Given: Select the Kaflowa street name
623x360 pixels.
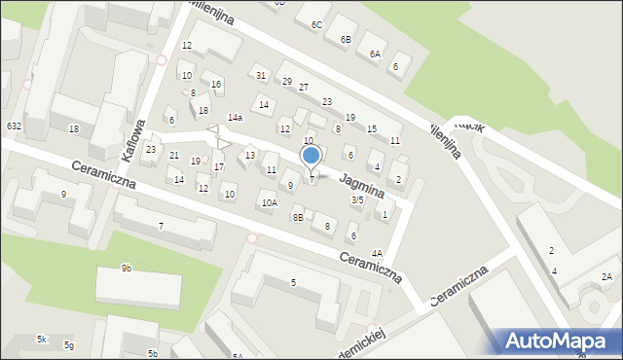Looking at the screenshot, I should point(134,139).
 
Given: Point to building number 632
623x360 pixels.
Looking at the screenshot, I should point(14,126).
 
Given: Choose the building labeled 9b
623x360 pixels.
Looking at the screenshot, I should point(127,268).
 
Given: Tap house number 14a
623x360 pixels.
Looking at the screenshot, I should point(235,117).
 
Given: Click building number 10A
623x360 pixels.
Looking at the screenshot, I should point(269,202).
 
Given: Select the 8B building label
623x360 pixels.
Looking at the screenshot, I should point(298,218).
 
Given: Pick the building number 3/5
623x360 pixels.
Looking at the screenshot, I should point(357,199).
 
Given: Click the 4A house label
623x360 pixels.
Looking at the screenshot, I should point(377,253).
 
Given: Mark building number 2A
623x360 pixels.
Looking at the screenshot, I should point(607,277).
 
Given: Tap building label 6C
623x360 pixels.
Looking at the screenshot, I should point(316,24).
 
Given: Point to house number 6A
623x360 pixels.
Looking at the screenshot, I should point(374,54).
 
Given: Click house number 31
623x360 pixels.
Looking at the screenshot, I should point(260,75).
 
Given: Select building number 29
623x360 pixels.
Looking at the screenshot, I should point(287,81).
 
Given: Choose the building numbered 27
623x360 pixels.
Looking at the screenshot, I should point(304,88).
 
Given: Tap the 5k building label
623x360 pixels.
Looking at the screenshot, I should point(42,339).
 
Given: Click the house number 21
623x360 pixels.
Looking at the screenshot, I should point(173,156).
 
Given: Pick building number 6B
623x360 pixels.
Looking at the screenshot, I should point(346,39).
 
